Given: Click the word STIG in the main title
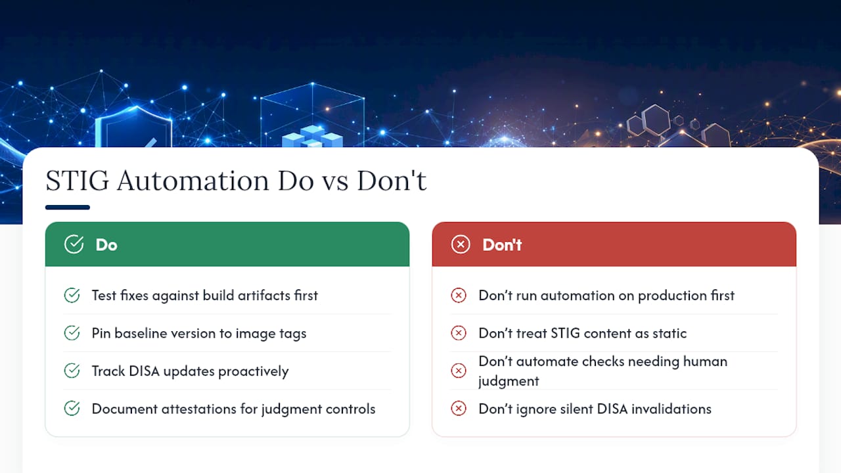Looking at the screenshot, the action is [78, 181].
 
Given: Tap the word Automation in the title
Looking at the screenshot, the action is [193, 181].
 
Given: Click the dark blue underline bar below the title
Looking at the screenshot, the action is [68, 207].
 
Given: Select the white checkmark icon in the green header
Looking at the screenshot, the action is [74, 244].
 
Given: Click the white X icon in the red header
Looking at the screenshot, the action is [461, 244].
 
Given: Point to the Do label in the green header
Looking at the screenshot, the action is [106, 245].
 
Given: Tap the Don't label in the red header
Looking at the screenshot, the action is [502, 245].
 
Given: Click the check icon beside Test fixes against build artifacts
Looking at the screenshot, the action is [72, 296].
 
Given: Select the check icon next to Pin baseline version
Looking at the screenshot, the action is [72, 333].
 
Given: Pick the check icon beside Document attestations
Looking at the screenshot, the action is [72, 409].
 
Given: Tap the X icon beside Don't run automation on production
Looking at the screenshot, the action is [459, 296].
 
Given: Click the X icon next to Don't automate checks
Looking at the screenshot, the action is [459, 371].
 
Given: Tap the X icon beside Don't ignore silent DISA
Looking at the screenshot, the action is [459, 409].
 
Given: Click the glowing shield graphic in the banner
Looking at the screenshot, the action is [133, 127].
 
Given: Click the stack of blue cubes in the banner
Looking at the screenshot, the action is [312, 136].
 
